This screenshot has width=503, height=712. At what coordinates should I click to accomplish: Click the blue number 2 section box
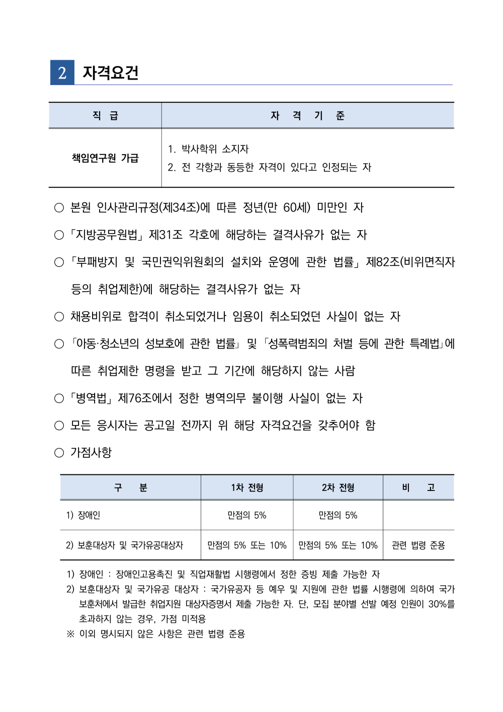click(62, 73)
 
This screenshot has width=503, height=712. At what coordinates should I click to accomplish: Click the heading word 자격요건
click(111, 73)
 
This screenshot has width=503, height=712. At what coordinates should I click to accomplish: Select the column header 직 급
click(105, 116)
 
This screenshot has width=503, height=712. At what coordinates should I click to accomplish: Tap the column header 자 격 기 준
click(307, 116)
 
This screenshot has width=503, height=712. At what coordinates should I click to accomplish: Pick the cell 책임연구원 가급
click(105, 158)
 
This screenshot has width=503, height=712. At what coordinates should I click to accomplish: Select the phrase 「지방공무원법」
click(107, 235)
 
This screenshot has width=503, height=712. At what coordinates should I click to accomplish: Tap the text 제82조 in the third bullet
click(382, 262)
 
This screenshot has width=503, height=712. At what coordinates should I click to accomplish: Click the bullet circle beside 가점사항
click(59, 453)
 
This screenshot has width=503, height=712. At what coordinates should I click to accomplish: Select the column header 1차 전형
click(247, 487)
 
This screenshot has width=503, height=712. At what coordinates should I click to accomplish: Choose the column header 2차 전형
click(338, 487)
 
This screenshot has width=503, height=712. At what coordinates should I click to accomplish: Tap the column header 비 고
click(418, 487)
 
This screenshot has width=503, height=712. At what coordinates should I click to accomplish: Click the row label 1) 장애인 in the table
click(83, 515)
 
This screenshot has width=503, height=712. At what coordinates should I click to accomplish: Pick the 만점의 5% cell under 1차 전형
click(247, 515)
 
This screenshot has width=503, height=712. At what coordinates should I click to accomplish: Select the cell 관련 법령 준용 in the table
click(418, 545)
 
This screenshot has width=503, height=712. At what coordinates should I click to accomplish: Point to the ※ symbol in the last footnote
click(70, 634)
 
